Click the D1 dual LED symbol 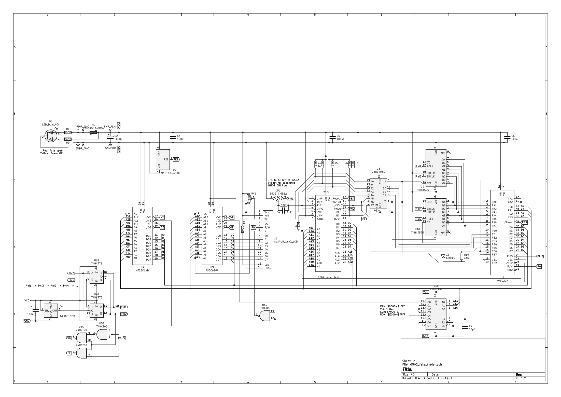[x=51, y=136]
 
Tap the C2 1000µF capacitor [x=110, y=138]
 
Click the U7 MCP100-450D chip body [x=163, y=160]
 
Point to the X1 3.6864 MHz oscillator [x=51, y=310]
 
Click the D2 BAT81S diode [x=443, y=256]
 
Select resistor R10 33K [x=461, y=256]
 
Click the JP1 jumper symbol [x=278, y=198]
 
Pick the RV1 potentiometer [x=249, y=198]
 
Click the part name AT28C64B [x=143, y=270]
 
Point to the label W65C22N [x=502, y=281]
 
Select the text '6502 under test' [x=328, y=277]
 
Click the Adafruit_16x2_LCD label [x=286, y=242]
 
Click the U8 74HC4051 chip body [x=378, y=194]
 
